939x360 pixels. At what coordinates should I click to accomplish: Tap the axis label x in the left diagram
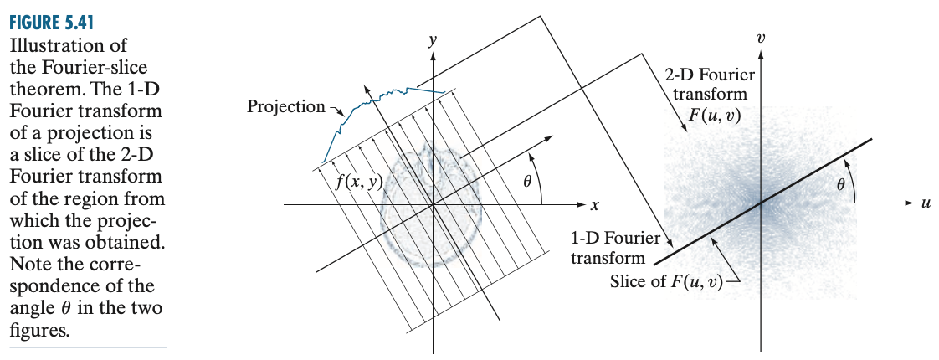coord(593,205)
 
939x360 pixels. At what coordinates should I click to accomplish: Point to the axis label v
coord(760,38)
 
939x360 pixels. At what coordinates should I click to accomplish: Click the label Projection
coord(285,106)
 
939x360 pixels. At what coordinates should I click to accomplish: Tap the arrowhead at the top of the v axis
coord(760,54)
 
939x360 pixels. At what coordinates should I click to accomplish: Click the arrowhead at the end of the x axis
coord(580,204)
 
